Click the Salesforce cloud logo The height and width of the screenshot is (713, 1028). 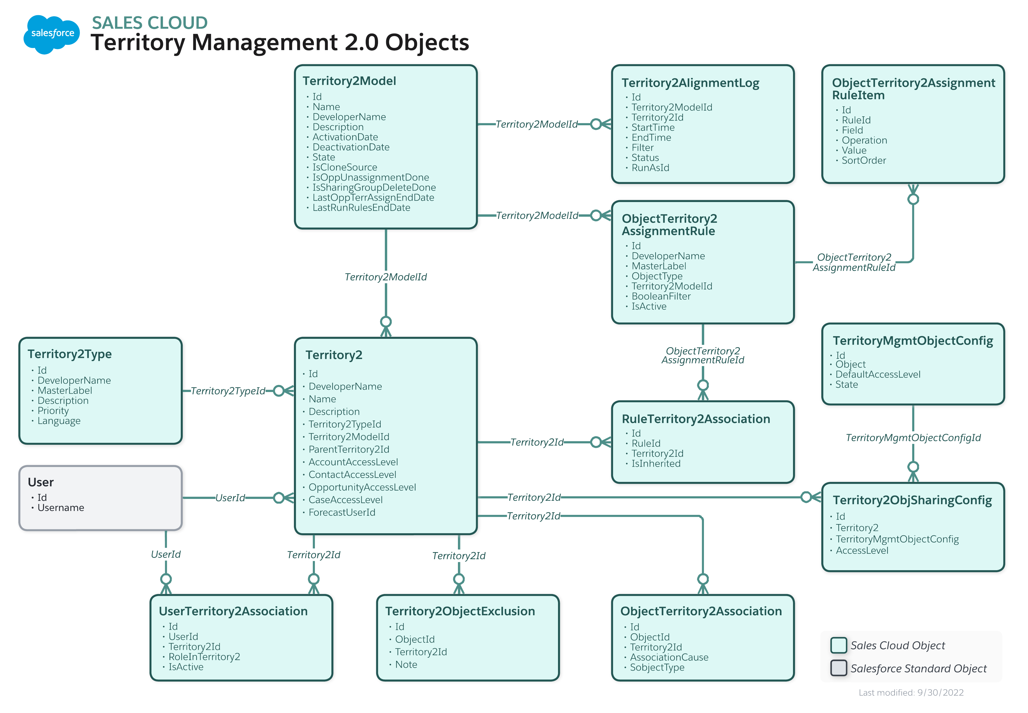point(52,34)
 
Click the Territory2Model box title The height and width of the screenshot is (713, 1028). point(349,81)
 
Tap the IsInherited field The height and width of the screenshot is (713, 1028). point(655,464)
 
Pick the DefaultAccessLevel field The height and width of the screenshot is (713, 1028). point(878,374)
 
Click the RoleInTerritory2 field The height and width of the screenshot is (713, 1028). point(204,657)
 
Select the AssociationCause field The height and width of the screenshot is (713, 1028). point(669,657)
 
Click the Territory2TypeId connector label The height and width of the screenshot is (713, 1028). point(228,391)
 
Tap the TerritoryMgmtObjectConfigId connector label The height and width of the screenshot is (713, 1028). point(913,438)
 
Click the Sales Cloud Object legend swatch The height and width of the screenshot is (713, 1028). point(838,645)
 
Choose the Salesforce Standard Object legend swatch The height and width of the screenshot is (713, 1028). point(838,668)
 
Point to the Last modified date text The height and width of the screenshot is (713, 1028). point(911,693)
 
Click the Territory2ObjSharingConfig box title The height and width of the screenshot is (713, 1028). point(912,500)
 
